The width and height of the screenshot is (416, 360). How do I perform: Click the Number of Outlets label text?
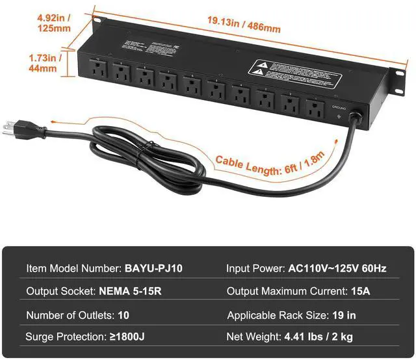[70, 315]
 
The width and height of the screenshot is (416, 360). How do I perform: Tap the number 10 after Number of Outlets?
[125, 315]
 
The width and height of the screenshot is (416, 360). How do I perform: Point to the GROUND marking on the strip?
[339, 105]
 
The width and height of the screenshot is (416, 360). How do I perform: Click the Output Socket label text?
[61, 291]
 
